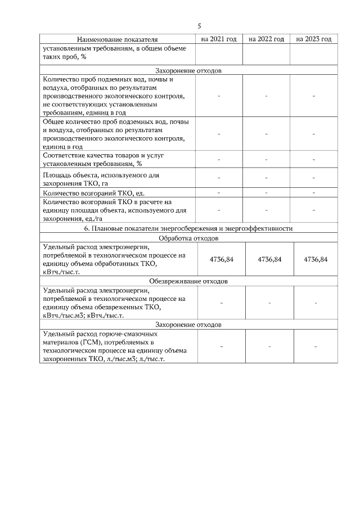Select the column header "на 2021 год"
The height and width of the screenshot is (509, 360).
point(219,39)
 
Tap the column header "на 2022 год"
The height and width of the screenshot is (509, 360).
point(266,39)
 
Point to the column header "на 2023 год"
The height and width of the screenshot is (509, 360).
point(313,39)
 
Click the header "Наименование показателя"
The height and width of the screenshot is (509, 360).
point(117,40)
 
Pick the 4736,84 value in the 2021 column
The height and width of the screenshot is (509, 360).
point(221,259)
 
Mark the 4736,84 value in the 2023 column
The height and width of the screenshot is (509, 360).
point(316,259)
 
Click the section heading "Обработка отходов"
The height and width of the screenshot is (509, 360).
point(188,238)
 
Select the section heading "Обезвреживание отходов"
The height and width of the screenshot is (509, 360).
point(188,281)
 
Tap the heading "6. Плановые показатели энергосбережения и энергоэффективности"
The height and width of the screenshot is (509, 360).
point(188,228)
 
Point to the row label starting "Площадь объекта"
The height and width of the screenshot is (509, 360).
point(101,179)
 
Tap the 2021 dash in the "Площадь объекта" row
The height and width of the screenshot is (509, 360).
point(219,179)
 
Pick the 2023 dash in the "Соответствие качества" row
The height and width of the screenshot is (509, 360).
point(313,159)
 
